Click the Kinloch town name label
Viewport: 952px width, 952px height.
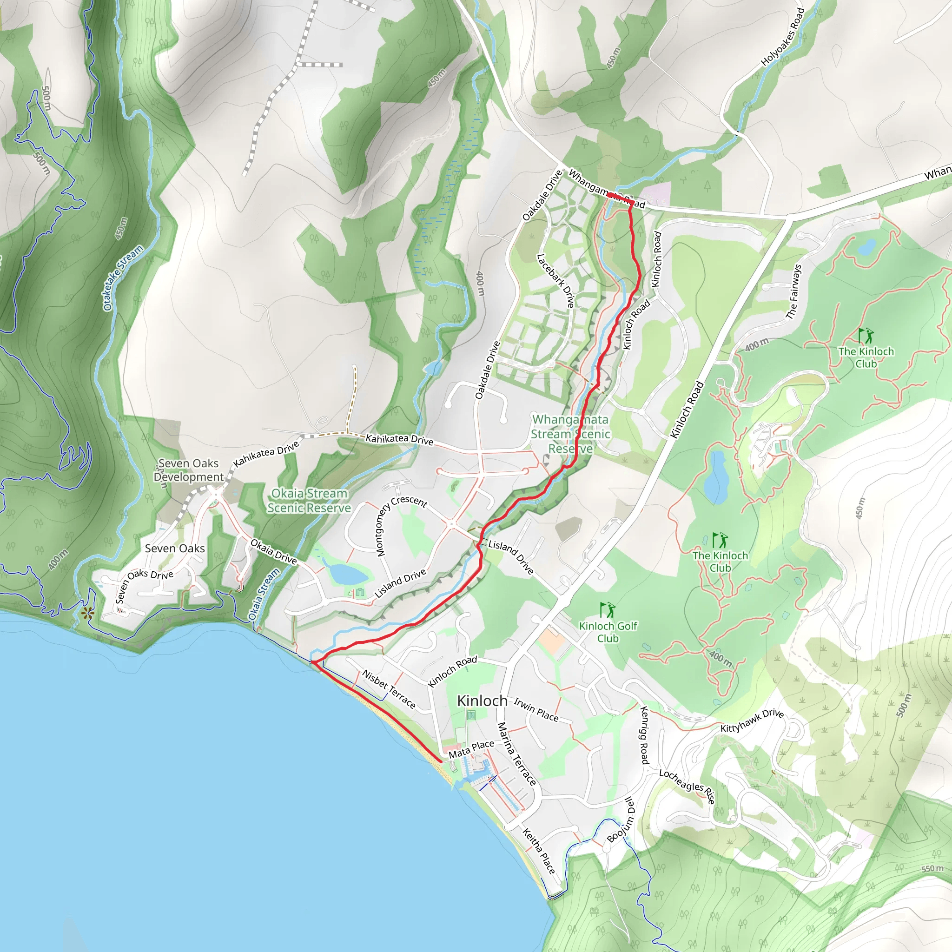(482, 701)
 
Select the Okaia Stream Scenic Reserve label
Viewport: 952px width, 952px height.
(309, 500)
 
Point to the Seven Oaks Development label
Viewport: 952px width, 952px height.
(188, 470)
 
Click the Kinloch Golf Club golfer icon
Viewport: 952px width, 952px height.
(608, 610)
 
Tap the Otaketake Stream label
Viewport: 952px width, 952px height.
(123, 278)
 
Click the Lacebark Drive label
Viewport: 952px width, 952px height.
(555, 280)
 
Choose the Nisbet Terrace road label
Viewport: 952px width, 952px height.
(389, 689)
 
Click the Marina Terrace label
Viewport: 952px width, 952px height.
(516, 754)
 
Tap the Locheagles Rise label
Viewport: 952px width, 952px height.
(687, 787)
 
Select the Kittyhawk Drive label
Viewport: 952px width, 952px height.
(752, 721)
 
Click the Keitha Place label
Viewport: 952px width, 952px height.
(539, 851)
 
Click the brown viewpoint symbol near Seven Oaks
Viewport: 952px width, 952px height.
(88, 614)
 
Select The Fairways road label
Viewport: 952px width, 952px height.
(794, 292)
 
